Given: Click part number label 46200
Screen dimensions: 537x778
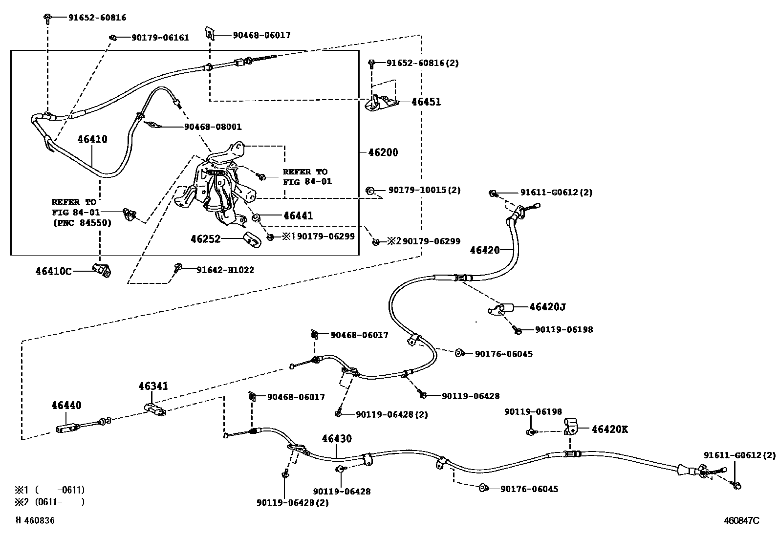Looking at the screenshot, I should coord(383,152).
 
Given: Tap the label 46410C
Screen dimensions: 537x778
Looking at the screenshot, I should coord(53,271).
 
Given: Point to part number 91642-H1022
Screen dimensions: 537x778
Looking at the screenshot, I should coord(225,270).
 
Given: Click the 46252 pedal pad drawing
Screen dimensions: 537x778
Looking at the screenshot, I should coord(252,239).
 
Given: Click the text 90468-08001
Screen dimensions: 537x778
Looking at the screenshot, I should coord(213,127).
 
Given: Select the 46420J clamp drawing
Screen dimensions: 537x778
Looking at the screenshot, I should coord(501,309).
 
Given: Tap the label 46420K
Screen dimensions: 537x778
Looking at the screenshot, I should coord(609,430).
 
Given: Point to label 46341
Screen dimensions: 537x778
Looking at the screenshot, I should coord(153,387).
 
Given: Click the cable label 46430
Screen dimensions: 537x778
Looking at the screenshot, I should coord(336,439).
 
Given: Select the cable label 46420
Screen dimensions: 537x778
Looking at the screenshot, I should coord(485,251).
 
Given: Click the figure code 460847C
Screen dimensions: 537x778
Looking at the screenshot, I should coord(741,520).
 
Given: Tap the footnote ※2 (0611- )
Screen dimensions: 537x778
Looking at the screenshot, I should coord(49,502).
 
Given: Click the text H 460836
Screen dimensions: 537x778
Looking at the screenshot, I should coord(35,521).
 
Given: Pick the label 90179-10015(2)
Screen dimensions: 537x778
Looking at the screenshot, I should coord(424,190).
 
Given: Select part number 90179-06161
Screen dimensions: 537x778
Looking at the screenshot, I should coord(160,38).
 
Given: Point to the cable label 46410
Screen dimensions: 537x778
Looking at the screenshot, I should coord(92,140).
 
